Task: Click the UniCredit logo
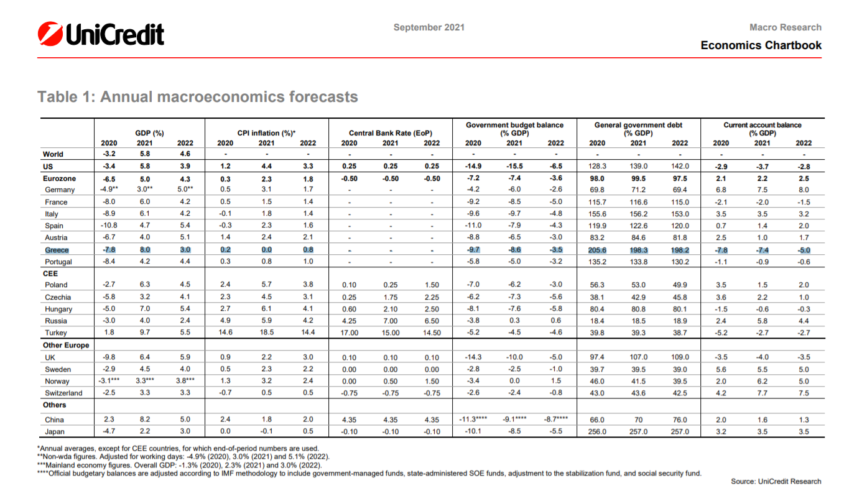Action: [101, 34]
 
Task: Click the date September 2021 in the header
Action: [429, 27]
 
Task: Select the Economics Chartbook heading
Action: [761, 45]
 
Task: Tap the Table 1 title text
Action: [198, 97]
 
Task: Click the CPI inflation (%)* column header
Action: [266, 133]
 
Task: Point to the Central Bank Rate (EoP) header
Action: [391, 133]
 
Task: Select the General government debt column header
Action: [638, 129]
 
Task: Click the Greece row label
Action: [57, 250]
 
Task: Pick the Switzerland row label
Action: [63, 393]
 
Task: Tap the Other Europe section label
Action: [66, 345]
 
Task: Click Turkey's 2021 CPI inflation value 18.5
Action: [266, 333]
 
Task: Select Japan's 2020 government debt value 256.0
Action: [596, 432]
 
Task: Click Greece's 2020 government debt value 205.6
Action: [596, 250]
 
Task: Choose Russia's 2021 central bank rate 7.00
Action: [391, 321]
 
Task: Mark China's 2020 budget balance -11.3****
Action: [473, 420]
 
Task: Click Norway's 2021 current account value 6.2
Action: [763, 382]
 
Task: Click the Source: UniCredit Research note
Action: [776, 481]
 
